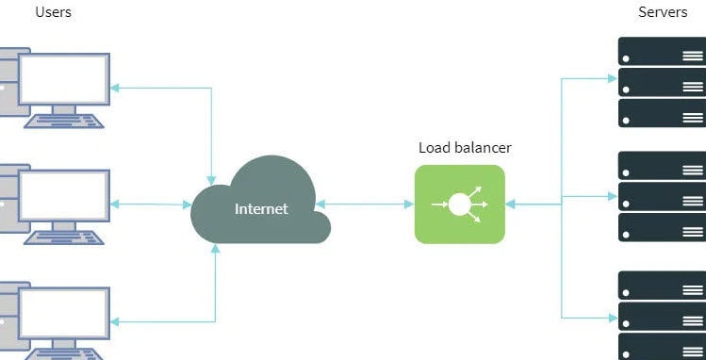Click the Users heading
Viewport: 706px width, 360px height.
point(53,13)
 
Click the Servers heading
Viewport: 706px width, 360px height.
point(662,13)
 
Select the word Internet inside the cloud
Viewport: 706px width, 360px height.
point(261,208)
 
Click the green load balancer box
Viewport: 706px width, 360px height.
point(459,204)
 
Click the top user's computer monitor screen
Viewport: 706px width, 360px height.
point(64,77)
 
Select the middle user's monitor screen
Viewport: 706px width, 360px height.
point(64,195)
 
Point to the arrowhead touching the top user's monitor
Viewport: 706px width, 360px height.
point(115,88)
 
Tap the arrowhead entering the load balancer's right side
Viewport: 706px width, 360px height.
point(510,203)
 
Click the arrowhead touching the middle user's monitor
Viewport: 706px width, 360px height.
point(115,204)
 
